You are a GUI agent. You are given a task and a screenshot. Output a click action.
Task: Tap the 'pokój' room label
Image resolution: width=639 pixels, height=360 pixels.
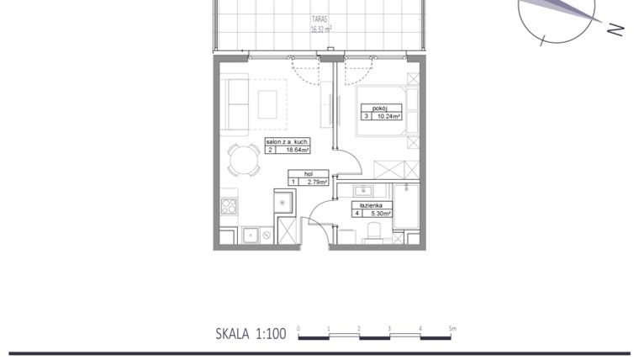pos(381,108)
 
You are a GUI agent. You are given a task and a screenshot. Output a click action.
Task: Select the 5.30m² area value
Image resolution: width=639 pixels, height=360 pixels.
pos(378,213)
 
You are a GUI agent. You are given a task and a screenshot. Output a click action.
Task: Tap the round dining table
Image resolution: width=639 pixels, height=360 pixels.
pos(245,157)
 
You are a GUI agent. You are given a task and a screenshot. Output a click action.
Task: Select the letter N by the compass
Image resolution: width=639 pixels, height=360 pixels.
pos(615,30)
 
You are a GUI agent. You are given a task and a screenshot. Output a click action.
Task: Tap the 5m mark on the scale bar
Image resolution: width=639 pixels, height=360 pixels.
pos(452,328)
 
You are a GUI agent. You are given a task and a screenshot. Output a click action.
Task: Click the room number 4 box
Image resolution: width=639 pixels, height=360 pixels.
pos(357,213)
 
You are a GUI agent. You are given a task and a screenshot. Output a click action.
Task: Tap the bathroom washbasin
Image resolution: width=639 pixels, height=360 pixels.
pos(366,189)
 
